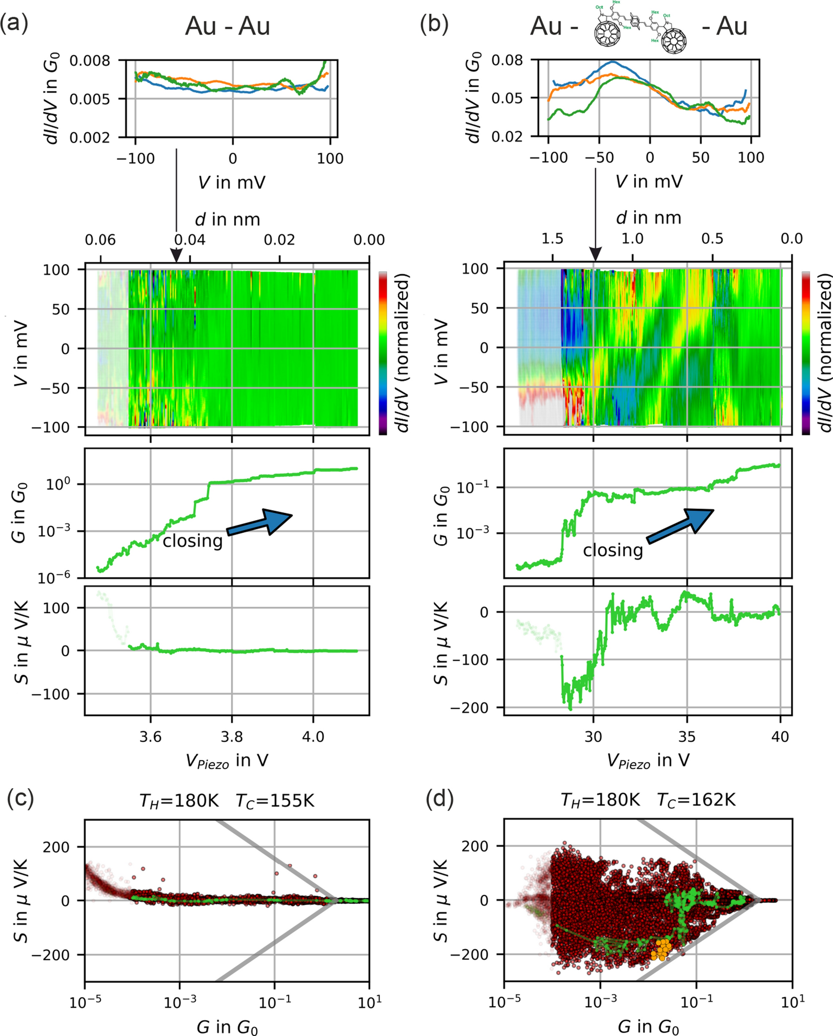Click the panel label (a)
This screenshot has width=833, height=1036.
click(x=14, y=25)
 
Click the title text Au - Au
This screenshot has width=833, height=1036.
click(x=227, y=26)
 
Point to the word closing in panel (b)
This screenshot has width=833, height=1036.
click(x=613, y=550)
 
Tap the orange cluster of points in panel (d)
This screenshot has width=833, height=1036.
click(x=661, y=949)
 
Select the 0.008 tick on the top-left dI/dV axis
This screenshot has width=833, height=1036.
click(x=90, y=61)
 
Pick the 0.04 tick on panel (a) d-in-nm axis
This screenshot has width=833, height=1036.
click(x=190, y=240)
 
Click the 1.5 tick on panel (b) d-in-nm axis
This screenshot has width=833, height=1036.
click(x=552, y=239)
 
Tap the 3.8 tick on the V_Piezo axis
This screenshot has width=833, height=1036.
click(x=232, y=736)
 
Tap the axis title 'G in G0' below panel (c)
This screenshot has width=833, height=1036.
click(x=227, y=1027)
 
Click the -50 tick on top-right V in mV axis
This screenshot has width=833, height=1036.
click(x=598, y=157)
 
